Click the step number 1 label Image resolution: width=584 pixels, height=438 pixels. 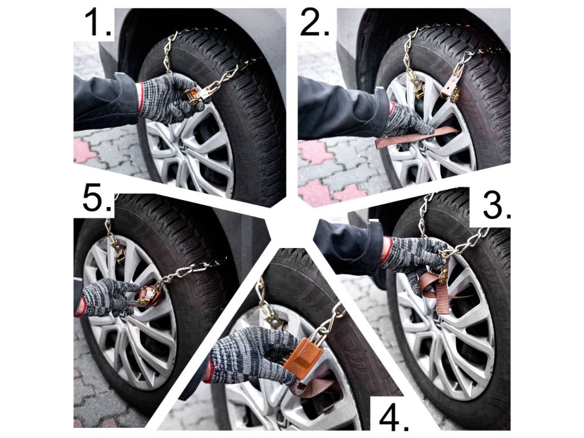click(98, 22)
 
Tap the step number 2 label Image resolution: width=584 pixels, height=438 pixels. click(315, 22)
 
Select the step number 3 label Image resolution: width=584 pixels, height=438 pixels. click(497, 206)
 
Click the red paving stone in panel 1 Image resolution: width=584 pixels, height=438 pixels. click(85, 150)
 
